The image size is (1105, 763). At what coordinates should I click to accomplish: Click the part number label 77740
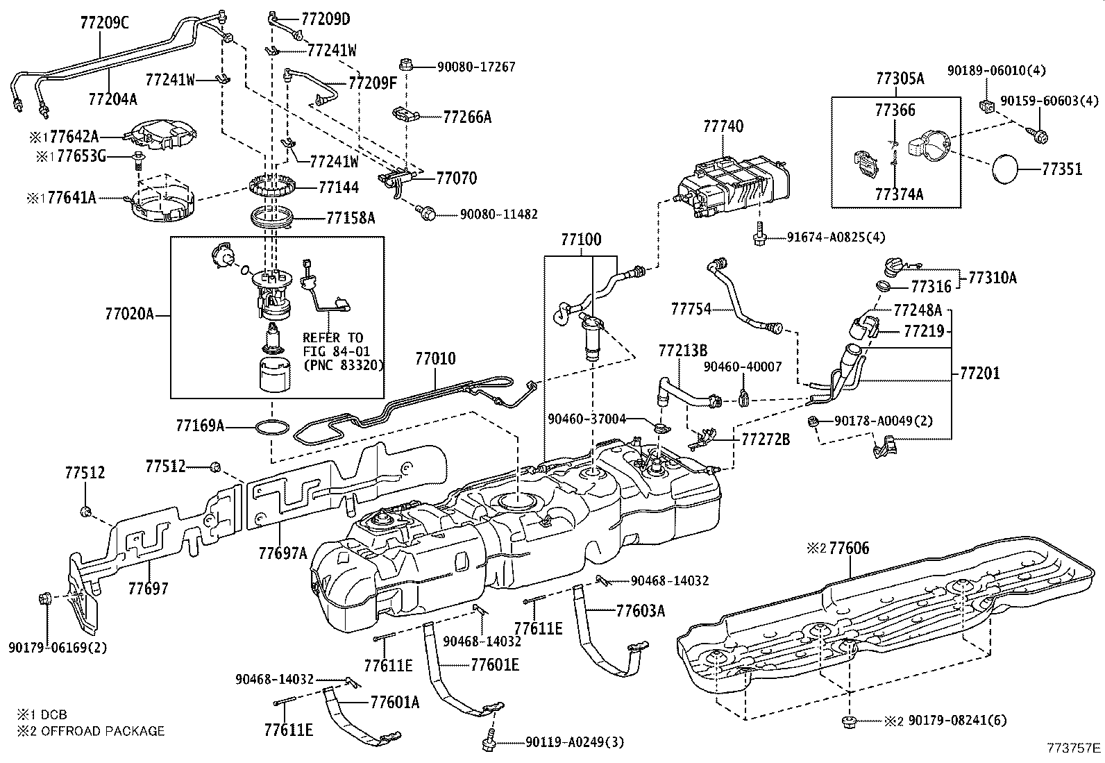[723, 126]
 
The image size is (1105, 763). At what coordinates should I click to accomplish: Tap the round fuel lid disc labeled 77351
[1005, 169]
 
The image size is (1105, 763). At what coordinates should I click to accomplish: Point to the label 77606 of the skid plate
[849, 548]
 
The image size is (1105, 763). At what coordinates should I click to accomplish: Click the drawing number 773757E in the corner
[1074, 748]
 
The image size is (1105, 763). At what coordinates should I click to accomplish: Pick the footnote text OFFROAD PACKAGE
[103, 731]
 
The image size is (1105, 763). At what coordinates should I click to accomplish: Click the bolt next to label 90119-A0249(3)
[489, 740]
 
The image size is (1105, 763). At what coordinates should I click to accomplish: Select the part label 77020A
[129, 314]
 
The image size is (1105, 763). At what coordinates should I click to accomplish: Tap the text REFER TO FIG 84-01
[336, 344]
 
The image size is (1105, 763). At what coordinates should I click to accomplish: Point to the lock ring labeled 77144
[273, 187]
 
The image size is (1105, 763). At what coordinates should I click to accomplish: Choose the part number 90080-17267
[476, 67]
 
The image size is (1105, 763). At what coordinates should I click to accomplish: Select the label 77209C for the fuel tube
[105, 23]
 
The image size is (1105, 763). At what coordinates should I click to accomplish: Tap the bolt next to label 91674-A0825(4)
[759, 234]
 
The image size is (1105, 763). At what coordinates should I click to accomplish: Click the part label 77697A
[283, 553]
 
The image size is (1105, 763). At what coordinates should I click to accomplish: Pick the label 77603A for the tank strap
[641, 611]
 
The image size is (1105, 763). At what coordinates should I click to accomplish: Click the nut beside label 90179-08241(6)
[849, 721]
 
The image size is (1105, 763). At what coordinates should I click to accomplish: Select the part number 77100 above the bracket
[581, 240]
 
